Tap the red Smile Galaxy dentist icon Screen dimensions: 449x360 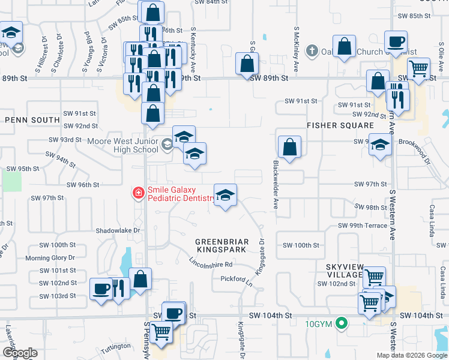tap(138, 193)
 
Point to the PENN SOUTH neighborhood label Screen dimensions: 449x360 tap(32, 120)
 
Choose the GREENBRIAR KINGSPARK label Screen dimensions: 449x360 tap(221, 245)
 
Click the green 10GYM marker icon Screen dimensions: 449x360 tap(342, 324)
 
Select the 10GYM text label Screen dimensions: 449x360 tap(318, 324)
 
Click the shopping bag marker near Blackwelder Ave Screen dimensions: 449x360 tap(289, 146)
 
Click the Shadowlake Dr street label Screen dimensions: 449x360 tap(118, 230)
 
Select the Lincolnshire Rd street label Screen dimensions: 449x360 tap(211, 263)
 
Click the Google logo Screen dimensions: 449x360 tap(20, 353)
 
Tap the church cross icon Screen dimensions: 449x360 tap(312, 52)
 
